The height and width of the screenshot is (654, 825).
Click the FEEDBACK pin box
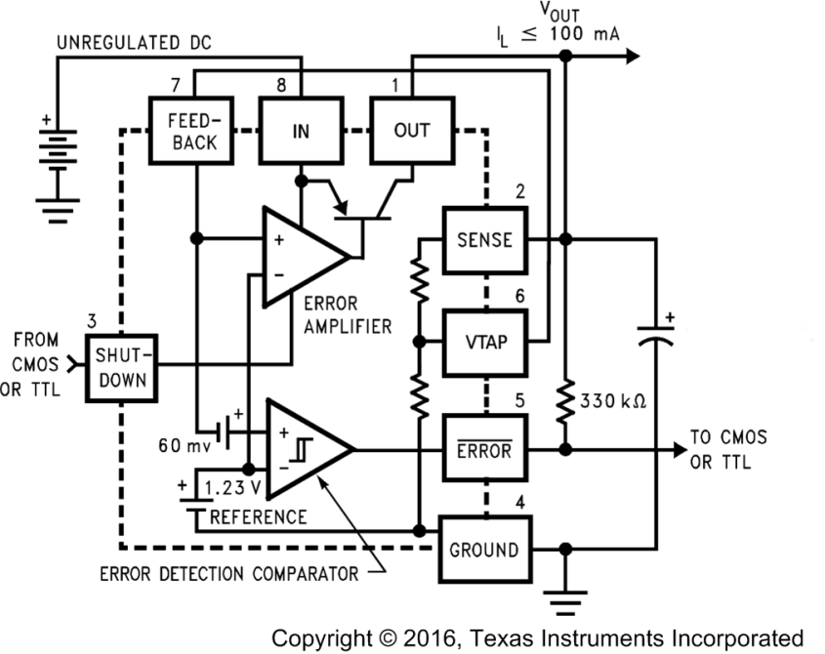tap(193, 130)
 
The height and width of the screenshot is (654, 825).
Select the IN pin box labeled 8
tap(300, 130)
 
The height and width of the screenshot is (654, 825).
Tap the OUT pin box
tap(411, 130)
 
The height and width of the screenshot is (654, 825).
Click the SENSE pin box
tap(485, 239)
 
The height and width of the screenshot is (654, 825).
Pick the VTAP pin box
tap(485, 343)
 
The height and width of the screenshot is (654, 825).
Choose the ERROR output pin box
tap(485, 450)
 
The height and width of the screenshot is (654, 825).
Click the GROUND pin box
tap(485, 550)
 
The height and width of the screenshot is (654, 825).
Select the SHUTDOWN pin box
tap(121, 367)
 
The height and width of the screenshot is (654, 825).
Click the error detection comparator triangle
tap(308, 449)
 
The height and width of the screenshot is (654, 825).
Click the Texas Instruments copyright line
tap(537, 637)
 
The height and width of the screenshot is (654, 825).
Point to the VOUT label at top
tap(554, 13)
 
